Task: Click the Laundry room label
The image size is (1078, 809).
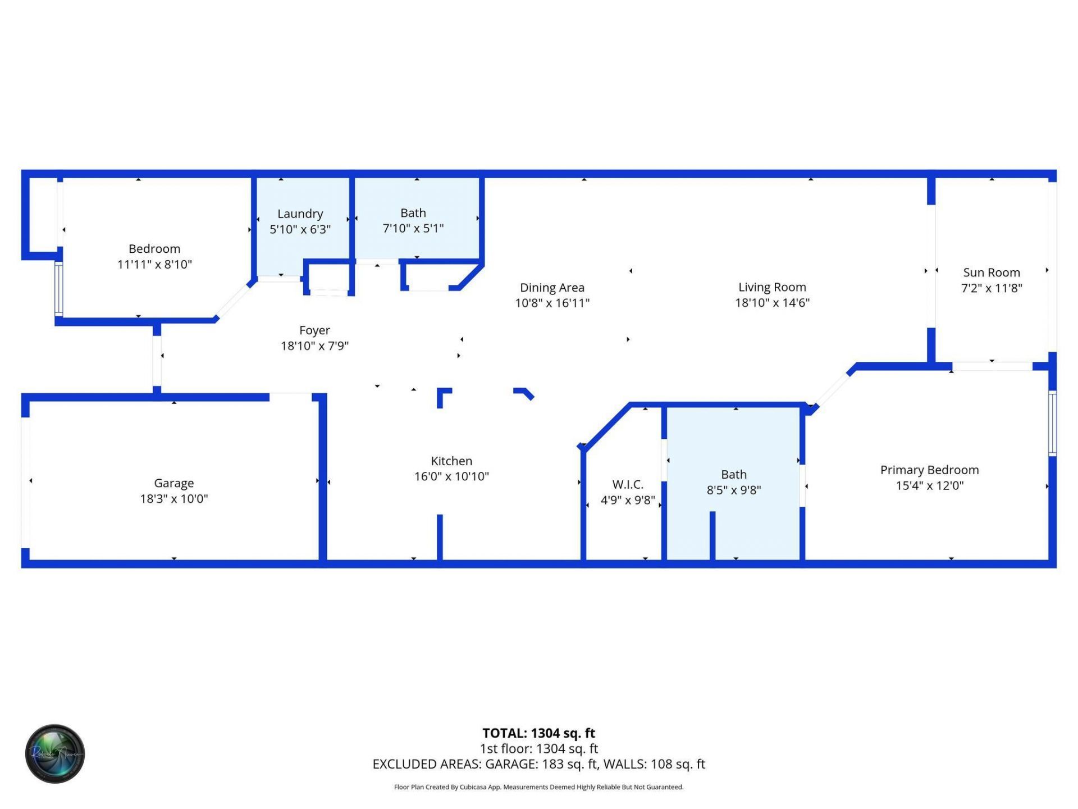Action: pyautogui.click(x=300, y=213)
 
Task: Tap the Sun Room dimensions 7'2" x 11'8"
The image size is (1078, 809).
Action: pyautogui.click(x=992, y=288)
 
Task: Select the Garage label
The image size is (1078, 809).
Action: pyautogui.click(x=173, y=483)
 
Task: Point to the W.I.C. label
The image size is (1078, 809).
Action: pyautogui.click(x=628, y=484)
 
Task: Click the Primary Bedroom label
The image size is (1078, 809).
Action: pyautogui.click(x=929, y=470)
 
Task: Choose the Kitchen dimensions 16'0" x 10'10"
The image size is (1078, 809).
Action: pyautogui.click(x=451, y=476)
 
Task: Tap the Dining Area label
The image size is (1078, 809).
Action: pyautogui.click(x=552, y=288)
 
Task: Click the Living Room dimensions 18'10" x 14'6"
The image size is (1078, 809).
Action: pyautogui.click(x=772, y=303)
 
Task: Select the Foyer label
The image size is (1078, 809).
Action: pyautogui.click(x=314, y=330)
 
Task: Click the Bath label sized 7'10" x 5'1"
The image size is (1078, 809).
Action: pyautogui.click(x=413, y=213)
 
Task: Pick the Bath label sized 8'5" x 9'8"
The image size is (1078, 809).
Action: pyautogui.click(x=733, y=475)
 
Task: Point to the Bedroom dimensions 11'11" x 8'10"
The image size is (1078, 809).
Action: pyautogui.click(x=154, y=265)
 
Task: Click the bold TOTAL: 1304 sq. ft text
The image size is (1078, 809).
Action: pyautogui.click(x=538, y=733)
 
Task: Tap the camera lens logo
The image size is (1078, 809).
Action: pyautogui.click(x=55, y=753)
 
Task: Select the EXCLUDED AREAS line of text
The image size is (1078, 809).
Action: pyautogui.click(x=538, y=764)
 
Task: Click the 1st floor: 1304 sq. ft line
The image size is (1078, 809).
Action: pyautogui.click(x=538, y=749)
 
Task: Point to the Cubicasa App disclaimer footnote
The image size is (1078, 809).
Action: pyautogui.click(x=538, y=787)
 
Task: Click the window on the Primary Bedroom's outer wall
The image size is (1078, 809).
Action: pyautogui.click(x=1052, y=423)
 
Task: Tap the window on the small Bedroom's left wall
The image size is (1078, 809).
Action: pyautogui.click(x=58, y=289)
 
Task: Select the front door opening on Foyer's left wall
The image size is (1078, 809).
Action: pyautogui.click(x=157, y=361)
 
